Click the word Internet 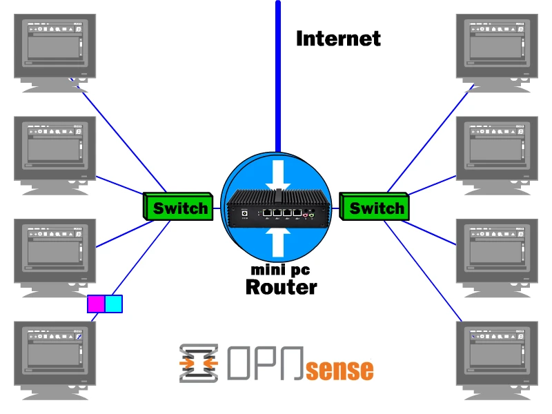338,39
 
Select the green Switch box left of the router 178,208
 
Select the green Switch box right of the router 376,208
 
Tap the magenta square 96,304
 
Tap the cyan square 113,304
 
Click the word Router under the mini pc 281,287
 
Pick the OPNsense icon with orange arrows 199,363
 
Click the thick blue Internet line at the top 278,69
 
